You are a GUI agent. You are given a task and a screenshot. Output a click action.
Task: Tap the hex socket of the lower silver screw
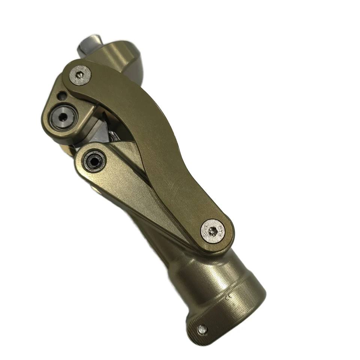click(x=213, y=231)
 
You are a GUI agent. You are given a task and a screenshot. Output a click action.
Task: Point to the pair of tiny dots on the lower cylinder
click(x=229, y=296)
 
